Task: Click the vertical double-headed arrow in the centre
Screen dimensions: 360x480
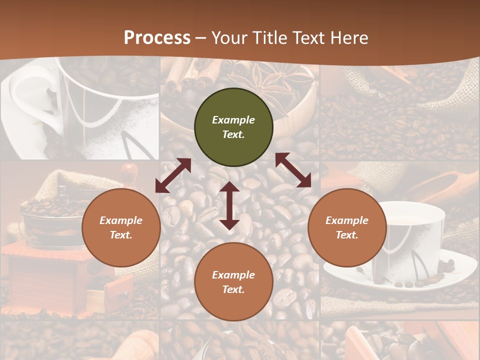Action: point(229,205)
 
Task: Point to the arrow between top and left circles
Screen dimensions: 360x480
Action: point(173,175)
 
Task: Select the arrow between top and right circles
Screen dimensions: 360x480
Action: point(293,170)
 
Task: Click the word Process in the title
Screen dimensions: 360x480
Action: point(157,37)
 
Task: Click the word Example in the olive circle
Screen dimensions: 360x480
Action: point(233,120)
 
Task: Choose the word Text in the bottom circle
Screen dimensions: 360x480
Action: point(233,289)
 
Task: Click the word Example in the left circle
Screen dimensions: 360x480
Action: point(121,220)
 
